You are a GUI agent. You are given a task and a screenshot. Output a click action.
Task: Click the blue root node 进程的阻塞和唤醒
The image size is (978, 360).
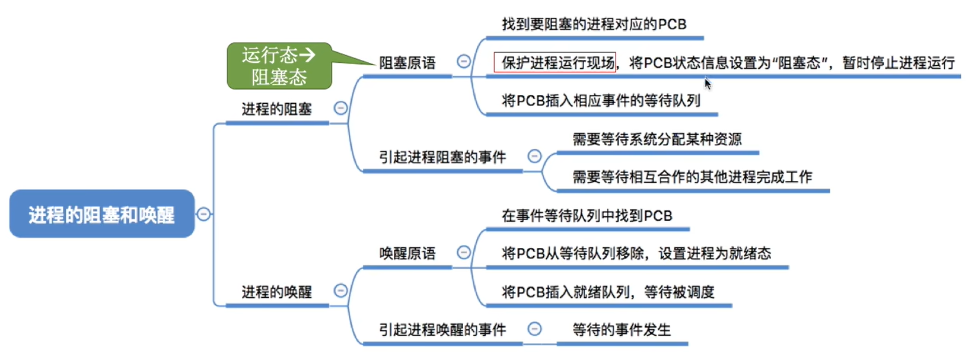101,214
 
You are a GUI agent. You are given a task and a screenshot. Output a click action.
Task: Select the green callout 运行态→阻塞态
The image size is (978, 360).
279,66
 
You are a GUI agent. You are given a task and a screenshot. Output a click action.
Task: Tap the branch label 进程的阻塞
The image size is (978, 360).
276,109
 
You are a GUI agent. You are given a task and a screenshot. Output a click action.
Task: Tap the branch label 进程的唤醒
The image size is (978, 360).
276,292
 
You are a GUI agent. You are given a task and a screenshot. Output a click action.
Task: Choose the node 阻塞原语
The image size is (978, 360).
407,63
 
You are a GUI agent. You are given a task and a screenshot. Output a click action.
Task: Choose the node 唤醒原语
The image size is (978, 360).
407,254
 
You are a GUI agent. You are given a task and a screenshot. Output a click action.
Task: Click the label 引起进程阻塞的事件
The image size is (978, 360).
442,157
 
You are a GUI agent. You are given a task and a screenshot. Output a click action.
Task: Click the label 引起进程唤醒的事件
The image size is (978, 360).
442,330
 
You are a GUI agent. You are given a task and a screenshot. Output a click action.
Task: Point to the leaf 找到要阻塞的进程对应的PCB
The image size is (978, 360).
594,24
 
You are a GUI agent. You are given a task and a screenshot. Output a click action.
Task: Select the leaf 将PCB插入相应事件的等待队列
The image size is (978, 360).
601,101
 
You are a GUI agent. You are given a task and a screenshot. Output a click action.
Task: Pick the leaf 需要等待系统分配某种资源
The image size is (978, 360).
657,139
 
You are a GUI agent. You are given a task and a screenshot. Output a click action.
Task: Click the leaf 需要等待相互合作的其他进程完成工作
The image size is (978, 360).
692,177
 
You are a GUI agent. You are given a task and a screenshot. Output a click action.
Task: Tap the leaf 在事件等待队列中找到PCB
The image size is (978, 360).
587,216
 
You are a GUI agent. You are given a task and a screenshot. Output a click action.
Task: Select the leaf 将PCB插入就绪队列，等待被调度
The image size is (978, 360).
608,292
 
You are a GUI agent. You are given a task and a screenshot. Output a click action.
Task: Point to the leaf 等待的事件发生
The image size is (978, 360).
621,330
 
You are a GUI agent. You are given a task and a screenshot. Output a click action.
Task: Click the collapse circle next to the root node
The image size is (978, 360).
204,214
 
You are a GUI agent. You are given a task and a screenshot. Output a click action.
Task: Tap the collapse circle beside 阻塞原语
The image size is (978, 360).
464,61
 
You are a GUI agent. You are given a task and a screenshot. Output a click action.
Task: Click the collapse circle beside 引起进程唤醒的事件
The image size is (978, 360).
534,329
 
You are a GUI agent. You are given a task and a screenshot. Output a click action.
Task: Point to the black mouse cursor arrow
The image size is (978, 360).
707,83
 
